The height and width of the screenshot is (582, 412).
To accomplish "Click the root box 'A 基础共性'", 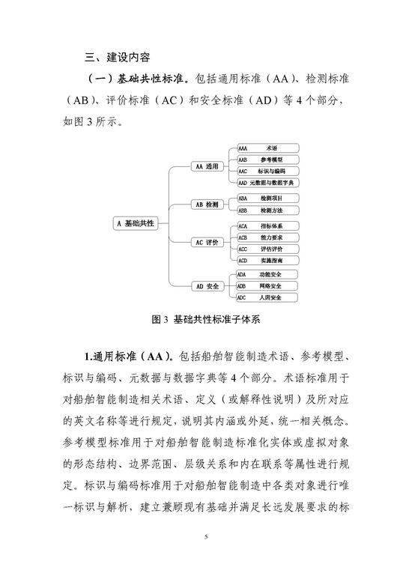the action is (x=135, y=223).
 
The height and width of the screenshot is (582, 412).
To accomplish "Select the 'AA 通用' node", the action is (x=207, y=166).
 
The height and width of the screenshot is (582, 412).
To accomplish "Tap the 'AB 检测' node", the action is (x=207, y=204).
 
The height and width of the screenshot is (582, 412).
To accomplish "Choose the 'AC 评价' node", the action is (x=207, y=243).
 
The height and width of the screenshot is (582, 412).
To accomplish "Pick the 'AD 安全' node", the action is (x=207, y=286).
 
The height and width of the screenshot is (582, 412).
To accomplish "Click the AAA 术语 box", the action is (x=268, y=148).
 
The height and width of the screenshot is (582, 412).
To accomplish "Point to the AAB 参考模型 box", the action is (x=268, y=160).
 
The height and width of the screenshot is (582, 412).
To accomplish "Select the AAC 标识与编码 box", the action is (x=268, y=171).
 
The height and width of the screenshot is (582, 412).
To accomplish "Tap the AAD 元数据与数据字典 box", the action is (x=268, y=183).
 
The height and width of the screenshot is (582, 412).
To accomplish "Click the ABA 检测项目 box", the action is (x=268, y=198).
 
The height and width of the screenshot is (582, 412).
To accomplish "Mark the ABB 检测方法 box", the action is (x=268, y=210).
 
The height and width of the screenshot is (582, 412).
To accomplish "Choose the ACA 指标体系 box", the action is (x=268, y=225).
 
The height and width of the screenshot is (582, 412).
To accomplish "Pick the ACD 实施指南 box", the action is (x=268, y=260).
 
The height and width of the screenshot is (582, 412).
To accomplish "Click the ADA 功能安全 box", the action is (x=267, y=274).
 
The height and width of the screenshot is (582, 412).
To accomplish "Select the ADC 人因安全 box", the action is (x=267, y=297).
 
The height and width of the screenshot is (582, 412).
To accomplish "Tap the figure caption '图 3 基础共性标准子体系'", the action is (x=206, y=320).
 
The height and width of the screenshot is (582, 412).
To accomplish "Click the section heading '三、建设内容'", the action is (x=118, y=57).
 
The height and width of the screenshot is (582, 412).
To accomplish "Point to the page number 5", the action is (x=206, y=537).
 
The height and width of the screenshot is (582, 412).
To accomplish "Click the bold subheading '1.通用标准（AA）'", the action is (x=128, y=357).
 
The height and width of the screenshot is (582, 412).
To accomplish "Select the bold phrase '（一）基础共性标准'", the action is (x=137, y=79).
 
